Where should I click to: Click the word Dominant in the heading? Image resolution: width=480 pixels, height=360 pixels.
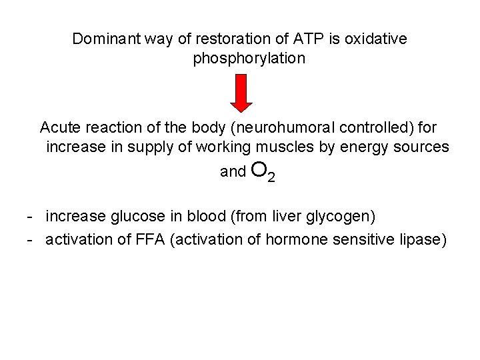click(x=103, y=39)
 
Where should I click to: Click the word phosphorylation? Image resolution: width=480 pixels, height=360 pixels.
click(x=249, y=59)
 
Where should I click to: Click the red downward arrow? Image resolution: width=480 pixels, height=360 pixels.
click(x=241, y=93)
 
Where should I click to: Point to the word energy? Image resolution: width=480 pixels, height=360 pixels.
click(x=360, y=147)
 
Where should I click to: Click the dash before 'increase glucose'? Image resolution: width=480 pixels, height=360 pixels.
click(x=30, y=217)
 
